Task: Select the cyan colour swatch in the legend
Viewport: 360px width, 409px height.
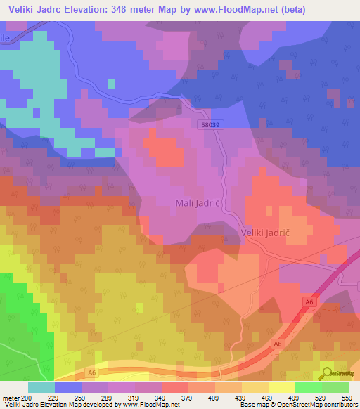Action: tap(41, 387)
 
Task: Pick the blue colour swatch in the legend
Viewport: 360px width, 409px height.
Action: tap(68, 387)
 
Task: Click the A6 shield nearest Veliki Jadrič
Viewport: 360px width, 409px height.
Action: tap(307, 301)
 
